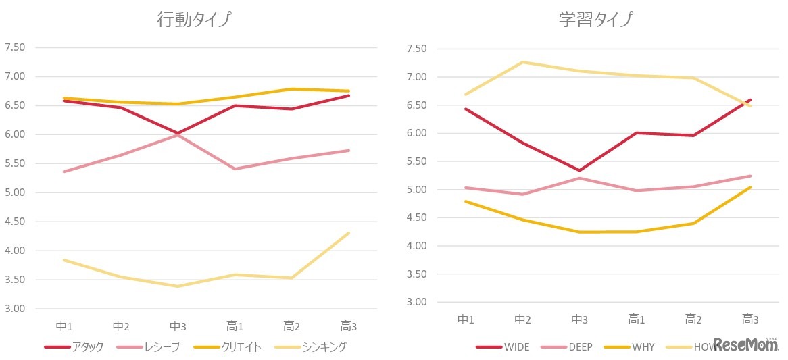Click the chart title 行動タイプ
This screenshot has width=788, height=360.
pyautogui.click(x=193, y=20)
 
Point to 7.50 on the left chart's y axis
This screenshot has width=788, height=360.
pyautogui.click(x=15, y=47)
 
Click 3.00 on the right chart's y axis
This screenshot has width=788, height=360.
pyautogui.click(x=416, y=302)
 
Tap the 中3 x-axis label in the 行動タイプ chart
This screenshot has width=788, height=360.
pyautogui.click(x=178, y=326)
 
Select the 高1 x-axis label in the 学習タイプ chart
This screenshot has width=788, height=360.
pyautogui.click(x=635, y=319)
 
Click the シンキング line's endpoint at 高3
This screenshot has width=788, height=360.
pyautogui.click(x=349, y=233)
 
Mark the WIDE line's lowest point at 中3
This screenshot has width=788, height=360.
pyautogui.click(x=579, y=170)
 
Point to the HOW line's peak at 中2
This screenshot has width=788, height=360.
pyautogui.click(x=522, y=62)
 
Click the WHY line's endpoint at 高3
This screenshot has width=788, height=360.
pyautogui.click(x=750, y=187)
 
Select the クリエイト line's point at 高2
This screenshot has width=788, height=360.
pyautogui.click(x=292, y=89)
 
